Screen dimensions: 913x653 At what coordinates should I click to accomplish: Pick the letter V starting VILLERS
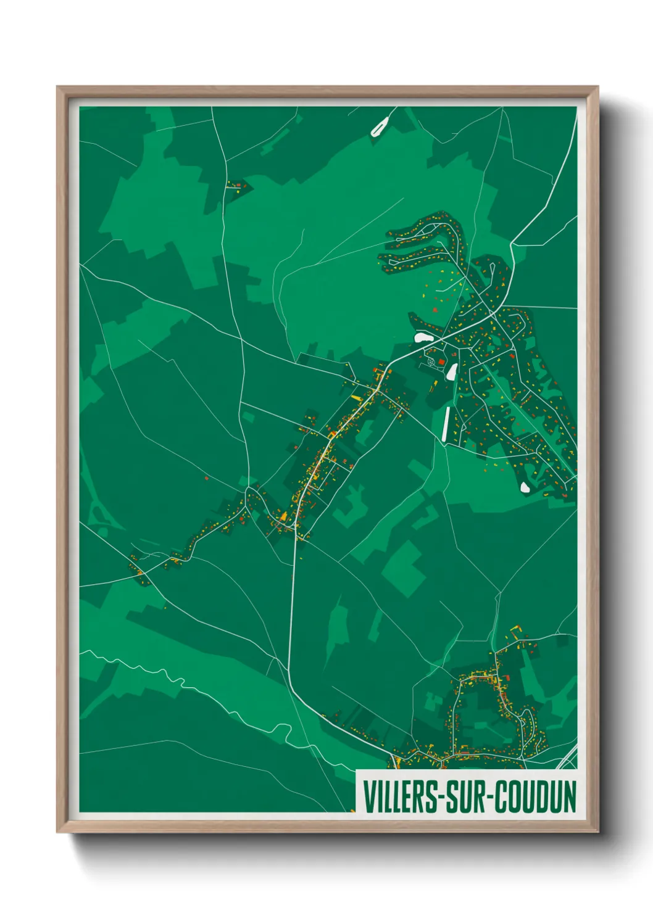(368, 796)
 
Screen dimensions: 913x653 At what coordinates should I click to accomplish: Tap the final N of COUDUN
(570, 796)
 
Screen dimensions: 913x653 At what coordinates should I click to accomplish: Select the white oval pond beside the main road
(423, 337)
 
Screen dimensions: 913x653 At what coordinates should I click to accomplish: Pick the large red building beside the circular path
(442, 361)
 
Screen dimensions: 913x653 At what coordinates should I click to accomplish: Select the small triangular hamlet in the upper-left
(237, 185)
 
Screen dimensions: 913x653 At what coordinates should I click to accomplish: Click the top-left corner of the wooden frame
(57, 87)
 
